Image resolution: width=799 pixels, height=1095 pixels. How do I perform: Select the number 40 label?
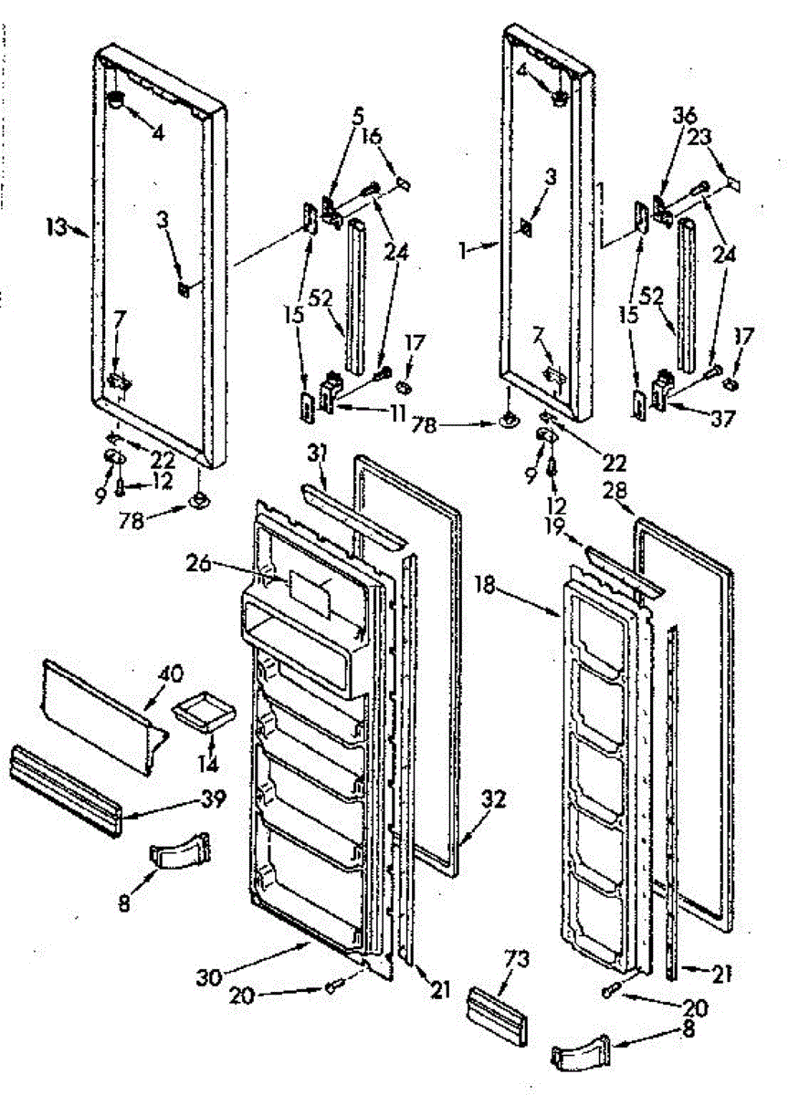(171, 675)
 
